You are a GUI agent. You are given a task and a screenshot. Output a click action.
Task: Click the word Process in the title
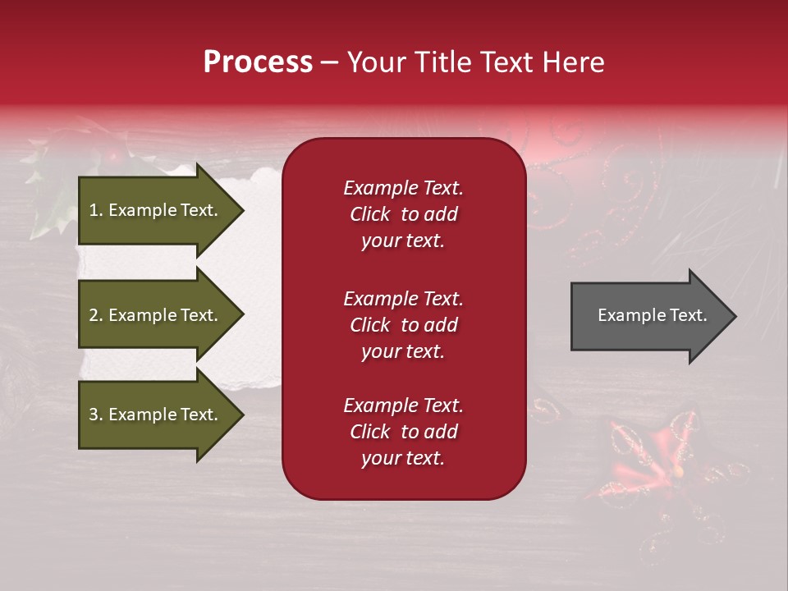coord(258,62)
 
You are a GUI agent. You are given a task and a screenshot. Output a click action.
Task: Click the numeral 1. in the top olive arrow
coord(96,210)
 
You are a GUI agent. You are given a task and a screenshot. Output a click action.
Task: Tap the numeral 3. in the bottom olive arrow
coord(96,415)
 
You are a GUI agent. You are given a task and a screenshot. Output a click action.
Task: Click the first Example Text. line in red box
coord(403,188)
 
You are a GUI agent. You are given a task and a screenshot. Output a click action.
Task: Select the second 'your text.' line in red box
coord(403,351)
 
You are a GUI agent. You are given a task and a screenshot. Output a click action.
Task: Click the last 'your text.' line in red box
coord(403,459)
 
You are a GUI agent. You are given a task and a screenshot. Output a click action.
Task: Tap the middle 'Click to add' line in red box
coord(403,325)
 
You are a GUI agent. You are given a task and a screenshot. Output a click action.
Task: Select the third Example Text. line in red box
coord(403,405)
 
